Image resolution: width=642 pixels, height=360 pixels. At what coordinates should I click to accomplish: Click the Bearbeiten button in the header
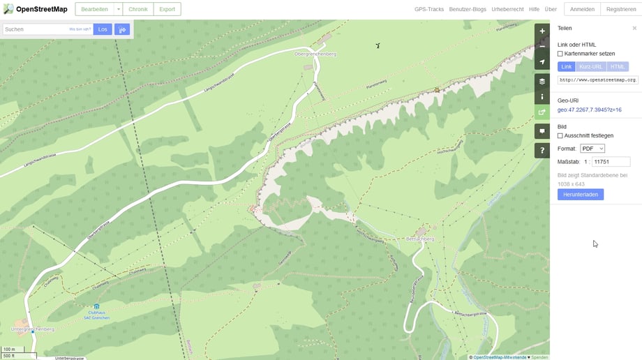(x=94, y=9)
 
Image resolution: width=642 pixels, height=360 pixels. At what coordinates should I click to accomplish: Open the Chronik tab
(x=137, y=9)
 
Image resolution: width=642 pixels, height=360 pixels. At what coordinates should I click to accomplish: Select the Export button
(x=167, y=9)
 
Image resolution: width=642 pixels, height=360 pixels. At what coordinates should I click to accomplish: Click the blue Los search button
(x=103, y=29)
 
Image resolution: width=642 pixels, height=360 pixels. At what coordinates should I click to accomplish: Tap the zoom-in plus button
(x=542, y=31)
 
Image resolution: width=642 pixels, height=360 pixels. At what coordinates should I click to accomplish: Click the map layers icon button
(x=542, y=81)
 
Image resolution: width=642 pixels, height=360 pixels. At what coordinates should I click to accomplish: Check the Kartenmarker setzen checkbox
(x=560, y=54)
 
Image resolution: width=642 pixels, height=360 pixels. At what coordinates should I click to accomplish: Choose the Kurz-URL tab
(x=591, y=66)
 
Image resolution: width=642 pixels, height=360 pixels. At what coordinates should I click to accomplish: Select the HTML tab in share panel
(x=617, y=66)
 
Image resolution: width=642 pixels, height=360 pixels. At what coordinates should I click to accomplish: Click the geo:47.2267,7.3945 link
(x=589, y=110)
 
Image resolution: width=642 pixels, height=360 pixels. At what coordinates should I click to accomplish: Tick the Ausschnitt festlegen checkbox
(x=560, y=135)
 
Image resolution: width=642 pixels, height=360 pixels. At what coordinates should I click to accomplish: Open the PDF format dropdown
(x=592, y=149)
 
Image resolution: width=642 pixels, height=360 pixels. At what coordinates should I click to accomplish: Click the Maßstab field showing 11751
(x=610, y=162)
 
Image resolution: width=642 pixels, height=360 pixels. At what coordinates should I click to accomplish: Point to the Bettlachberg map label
(x=419, y=239)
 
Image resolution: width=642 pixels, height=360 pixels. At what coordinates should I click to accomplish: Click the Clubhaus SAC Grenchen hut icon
(x=96, y=306)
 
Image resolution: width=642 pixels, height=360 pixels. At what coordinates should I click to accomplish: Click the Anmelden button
(x=582, y=9)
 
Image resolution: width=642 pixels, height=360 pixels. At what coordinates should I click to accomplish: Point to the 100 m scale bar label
(x=9, y=349)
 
